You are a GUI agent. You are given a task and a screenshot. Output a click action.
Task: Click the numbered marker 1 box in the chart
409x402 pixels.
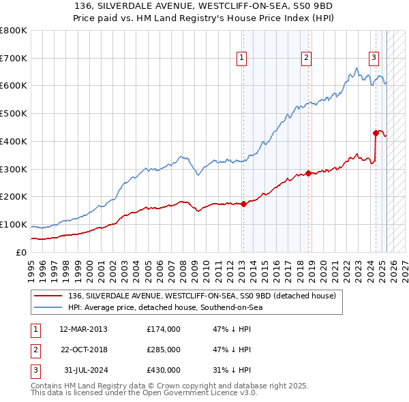243,59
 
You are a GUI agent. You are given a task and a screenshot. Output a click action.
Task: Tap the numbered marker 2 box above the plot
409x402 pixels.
307,59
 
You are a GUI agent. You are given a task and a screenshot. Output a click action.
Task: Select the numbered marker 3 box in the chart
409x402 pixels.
374,59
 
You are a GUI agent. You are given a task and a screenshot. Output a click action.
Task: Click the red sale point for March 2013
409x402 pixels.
243,204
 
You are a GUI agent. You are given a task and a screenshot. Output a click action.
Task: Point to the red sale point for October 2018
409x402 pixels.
308,173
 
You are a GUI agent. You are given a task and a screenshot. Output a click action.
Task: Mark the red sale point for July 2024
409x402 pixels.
376,133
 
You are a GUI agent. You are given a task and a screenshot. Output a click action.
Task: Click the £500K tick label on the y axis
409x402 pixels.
14,114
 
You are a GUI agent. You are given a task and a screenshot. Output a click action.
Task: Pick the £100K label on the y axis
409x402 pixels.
14,225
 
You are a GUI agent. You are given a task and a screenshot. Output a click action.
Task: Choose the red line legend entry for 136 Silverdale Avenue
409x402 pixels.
202,296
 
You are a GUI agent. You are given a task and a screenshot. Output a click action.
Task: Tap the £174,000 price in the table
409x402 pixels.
164,329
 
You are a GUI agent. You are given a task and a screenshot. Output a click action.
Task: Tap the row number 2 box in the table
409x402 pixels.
34,350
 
